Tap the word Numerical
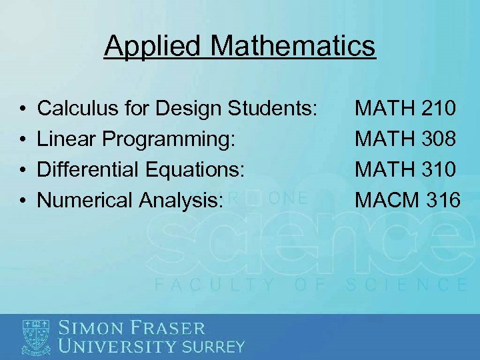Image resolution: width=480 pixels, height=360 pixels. tap(75, 199)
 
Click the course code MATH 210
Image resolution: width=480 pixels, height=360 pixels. tap(406, 107)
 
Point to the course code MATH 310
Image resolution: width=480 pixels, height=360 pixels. tap(406, 169)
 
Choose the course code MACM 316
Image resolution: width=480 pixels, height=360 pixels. tap(407, 199)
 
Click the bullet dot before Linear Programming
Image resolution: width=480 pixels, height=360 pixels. tap(23, 139)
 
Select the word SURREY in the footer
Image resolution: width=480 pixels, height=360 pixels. tap(213, 347)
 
